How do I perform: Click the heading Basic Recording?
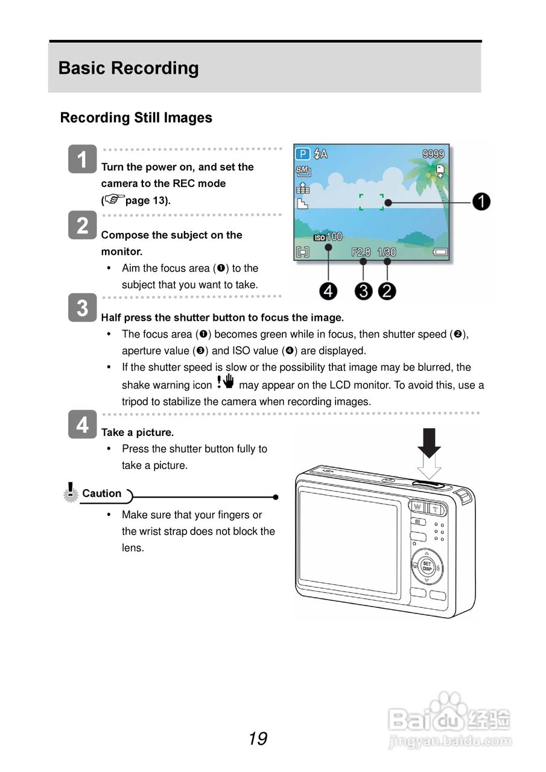point(129,68)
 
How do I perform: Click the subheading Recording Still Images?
point(136,118)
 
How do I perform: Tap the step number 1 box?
point(82,160)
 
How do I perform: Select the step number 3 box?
point(82,308)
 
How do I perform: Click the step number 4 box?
point(82,425)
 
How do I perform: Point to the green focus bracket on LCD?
point(371,202)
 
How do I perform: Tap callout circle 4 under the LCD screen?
point(328,291)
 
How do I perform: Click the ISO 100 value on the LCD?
point(328,237)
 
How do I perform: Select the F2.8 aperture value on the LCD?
point(361,252)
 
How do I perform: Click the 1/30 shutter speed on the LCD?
point(387,252)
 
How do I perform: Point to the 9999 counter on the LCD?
point(433,154)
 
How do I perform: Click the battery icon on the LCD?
point(440,252)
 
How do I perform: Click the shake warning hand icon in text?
point(225,382)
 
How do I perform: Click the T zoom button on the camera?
point(435,508)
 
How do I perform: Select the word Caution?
point(101,493)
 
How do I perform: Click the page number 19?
point(258,738)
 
